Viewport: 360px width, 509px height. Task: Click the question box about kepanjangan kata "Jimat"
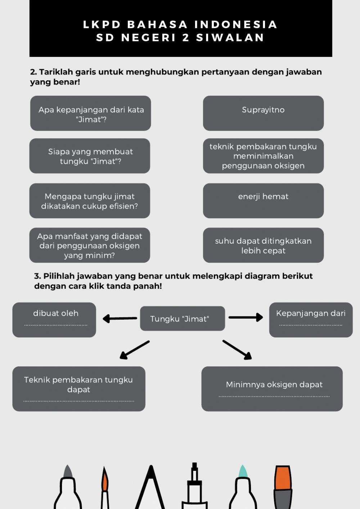(90, 113)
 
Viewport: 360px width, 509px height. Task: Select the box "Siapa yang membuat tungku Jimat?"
(90, 156)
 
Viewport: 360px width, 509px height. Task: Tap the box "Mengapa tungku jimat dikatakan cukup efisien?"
(90, 201)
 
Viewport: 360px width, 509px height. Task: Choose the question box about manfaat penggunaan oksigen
(90, 245)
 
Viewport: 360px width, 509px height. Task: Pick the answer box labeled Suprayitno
(263, 113)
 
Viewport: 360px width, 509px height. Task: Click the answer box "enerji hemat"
(263, 201)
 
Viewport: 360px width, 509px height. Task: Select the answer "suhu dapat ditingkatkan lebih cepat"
(263, 245)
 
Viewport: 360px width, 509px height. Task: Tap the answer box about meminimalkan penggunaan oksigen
(263, 156)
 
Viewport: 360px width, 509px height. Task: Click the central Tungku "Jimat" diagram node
(182, 319)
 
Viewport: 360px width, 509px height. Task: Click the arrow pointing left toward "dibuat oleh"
(120, 319)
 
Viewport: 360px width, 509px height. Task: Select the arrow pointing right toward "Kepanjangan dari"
(246, 317)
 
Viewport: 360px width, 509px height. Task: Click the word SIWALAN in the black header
(230, 37)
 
